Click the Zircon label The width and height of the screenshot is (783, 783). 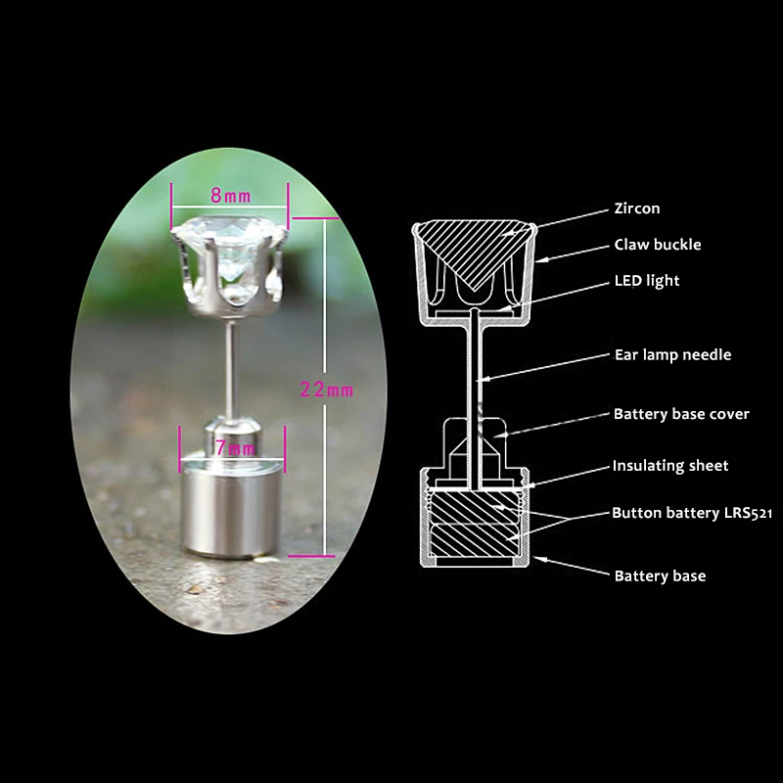pyautogui.click(x=636, y=208)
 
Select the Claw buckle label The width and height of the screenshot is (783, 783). pyautogui.click(x=658, y=245)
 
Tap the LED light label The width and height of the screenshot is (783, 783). pyautogui.click(x=646, y=281)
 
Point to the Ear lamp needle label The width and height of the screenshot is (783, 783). pyautogui.click(x=672, y=354)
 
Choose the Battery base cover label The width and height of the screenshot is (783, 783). pyautogui.click(x=681, y=414)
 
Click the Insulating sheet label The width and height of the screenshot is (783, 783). pyautogui.click(x=670, y=466)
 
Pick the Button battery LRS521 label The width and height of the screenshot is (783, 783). pyautogui.click(x=692, y=513)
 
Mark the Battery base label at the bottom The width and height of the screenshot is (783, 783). pyautogui.click(x=660, y=576)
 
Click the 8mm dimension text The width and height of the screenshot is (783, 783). pyautogui.click(x=231, y=196)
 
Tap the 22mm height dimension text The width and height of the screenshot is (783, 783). pyautogui.click(x=327, y=390)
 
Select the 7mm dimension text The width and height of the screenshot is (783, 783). pyautogui.click(x=233, y=449)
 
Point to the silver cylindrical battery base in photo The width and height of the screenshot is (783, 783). pyautogui.click(x=232, y=509)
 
